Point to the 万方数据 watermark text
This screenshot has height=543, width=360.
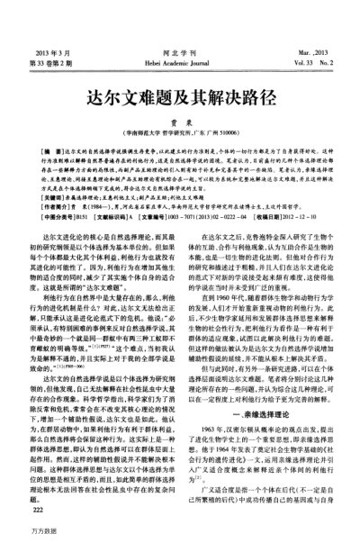click(19, 534)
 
